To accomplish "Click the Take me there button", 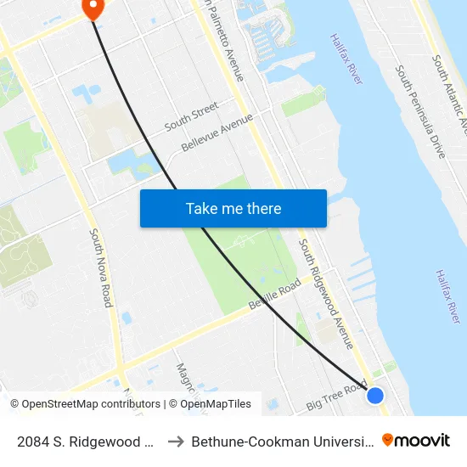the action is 233,209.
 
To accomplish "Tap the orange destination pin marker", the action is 92,8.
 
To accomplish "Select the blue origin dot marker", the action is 374,395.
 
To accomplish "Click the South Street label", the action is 191,115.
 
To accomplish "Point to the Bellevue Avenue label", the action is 217,134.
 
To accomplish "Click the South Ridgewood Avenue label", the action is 325,293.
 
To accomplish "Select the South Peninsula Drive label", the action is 420,110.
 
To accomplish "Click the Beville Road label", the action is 274,295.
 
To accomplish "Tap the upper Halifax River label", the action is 346,58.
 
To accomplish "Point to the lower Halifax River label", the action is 447,295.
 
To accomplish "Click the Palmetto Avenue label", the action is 222,42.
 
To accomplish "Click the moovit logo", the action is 416,440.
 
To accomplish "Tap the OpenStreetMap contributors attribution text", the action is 85,404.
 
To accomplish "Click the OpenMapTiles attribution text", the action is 210,404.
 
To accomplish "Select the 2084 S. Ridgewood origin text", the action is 84,441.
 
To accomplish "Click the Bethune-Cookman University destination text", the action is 280,441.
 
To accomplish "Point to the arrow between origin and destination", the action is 176,441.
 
